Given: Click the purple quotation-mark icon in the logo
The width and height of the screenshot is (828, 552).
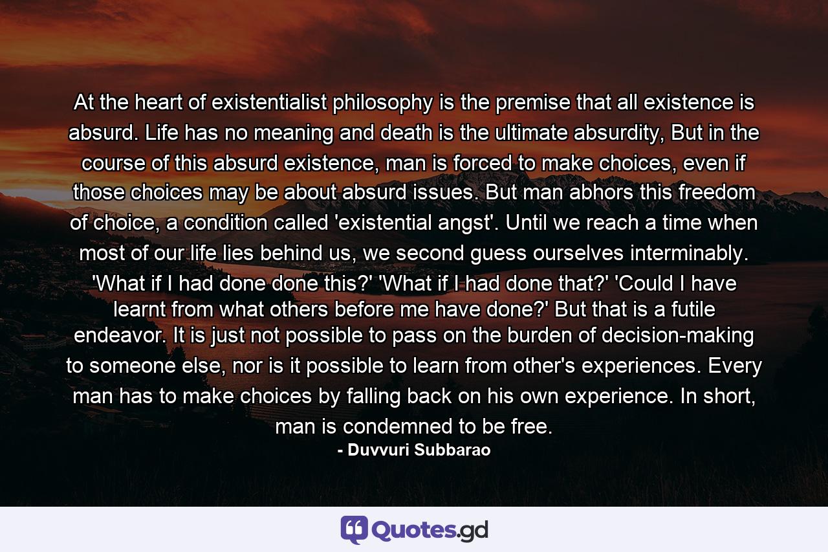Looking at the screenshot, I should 353,529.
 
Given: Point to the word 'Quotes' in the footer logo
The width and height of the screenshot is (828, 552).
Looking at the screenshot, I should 414,530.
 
